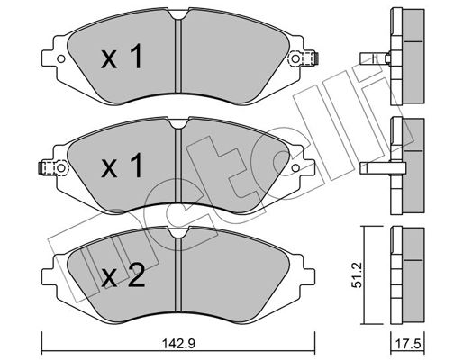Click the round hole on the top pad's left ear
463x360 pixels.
[x=60, y=61]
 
